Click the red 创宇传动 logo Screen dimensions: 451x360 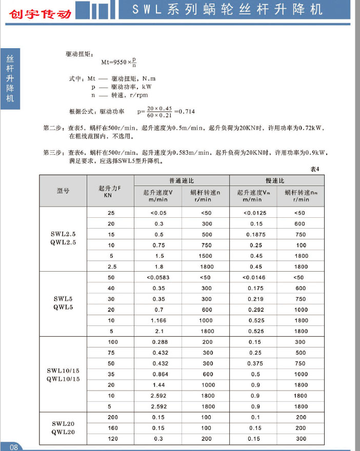click(x=39, y=14)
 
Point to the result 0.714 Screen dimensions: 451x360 click(x=186, y=111)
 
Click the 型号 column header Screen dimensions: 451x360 click(x=63, y=191)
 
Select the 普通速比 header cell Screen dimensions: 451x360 click(x=182, y=181)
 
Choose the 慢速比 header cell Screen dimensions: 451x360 click(x=276, y=181)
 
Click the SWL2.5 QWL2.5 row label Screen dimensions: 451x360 click(x=63, y=238)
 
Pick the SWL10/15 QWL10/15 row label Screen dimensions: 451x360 click(x=63, y=375)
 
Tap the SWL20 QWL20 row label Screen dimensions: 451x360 click(x=63, y=427)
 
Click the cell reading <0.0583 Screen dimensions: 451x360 click(x=158, y=277)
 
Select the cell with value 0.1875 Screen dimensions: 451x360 click(x=253, y=234)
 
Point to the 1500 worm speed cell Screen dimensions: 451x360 click(x=206, y=256)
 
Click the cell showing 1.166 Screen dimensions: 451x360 click(x=158, y=320)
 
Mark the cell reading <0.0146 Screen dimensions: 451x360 click(x=253, y=277)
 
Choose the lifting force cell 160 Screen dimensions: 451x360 click(x=111, y=428)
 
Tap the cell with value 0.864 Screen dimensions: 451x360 click(x=158, y=375)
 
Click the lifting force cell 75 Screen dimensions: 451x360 click(x=111, y=353)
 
